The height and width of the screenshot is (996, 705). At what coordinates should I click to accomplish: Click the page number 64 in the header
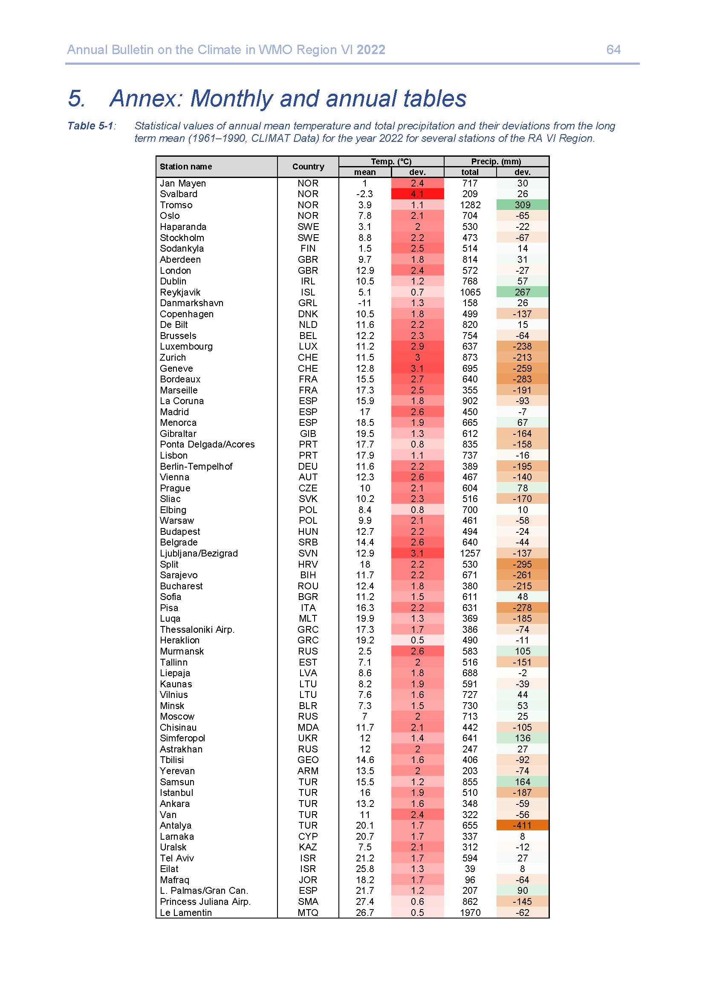pos(613,50)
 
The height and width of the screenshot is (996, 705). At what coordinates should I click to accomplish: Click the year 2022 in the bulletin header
pos(371,50)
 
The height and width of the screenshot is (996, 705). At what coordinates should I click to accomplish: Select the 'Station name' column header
pos(186,166)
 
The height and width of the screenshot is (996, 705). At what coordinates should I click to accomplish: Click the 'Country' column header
pos(308,166)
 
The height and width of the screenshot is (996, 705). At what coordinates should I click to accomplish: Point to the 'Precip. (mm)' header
pos(496,161)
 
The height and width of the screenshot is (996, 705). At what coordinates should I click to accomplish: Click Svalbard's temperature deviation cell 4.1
pos(417,194)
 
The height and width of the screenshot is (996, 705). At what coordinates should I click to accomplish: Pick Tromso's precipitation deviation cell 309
pos(522,205)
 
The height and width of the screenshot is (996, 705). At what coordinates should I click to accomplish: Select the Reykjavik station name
pos(180,292)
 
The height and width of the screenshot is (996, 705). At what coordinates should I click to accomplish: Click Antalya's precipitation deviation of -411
pos(522,825)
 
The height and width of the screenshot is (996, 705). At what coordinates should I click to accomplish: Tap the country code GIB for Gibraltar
pos(308,433)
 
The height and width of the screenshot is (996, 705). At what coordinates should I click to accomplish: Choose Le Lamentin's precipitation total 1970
pos(470,912)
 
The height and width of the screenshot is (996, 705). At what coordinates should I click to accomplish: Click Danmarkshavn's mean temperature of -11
pos(365,303)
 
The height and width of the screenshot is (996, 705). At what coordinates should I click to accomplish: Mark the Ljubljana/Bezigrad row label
pos(198,553)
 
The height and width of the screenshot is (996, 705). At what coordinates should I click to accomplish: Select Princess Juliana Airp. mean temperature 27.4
pos(365,901)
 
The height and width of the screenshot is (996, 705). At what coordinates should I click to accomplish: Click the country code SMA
pos(308,901)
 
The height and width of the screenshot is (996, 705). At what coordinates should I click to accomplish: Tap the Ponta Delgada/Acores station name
pos(207,444)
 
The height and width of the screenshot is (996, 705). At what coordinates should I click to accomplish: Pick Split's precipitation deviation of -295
pos(522,564)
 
